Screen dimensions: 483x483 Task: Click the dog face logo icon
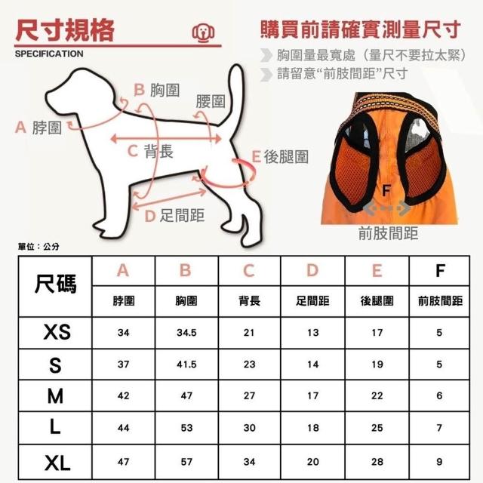[x=203, y=32]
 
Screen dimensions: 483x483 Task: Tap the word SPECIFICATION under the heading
[x=49, y=54]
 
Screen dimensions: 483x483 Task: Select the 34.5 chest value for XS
[x=186, y=333]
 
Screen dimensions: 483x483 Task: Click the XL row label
[x=57, y=463]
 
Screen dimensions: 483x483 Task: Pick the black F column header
[x=440, y=271]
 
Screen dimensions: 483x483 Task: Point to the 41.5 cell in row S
[x=186, y=365]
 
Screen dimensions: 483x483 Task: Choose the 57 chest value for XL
[x=186, y=462]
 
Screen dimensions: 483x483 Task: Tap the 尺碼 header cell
[x=55, y=285]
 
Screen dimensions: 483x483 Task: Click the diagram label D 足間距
[x=174, y=215]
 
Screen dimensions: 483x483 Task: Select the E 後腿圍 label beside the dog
[x=280, y=157]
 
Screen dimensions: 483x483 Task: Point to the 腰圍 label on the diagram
[x=211, y=101]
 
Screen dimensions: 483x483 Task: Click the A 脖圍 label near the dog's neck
[x=38, y=128]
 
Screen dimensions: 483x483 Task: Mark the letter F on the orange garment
[x=386, y=190]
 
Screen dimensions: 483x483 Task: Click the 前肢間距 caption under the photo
[x=388, y=233]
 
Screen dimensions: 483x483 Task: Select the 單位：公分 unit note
[x=38, y=247]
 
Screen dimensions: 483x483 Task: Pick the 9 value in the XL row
[x=439, y=462]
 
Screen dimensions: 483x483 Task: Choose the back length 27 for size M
[x=249, y=395]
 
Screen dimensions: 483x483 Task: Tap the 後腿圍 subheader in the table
[x=377, y=301]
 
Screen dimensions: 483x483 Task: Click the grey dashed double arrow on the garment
[x=387, y=208]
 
